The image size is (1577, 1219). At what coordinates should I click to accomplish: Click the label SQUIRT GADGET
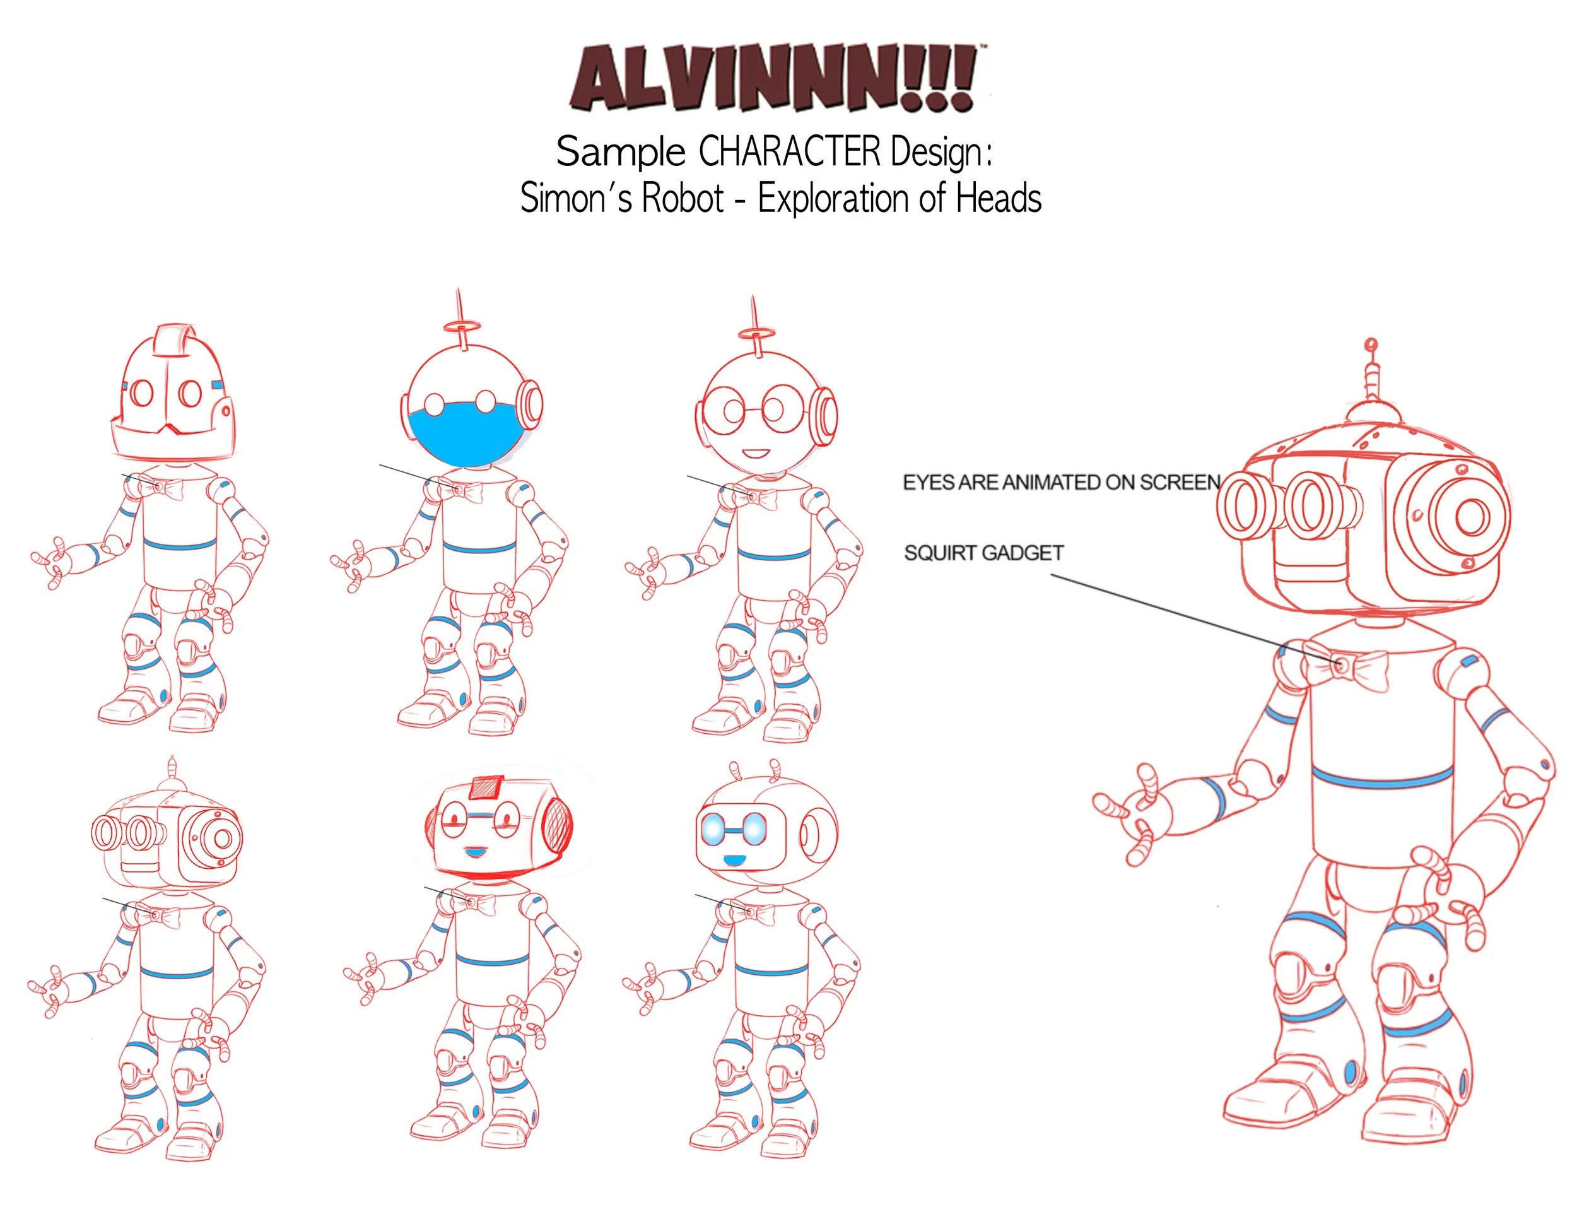pos(983,553)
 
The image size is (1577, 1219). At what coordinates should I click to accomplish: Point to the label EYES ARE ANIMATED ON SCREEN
pos(1062,483)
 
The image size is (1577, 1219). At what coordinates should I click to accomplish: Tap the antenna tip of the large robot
pos(1371,345)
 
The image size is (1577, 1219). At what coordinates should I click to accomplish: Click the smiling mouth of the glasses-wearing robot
pos(757,454)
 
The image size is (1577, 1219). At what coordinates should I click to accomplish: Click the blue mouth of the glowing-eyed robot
pos(734,860)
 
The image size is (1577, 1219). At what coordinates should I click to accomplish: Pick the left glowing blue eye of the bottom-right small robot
pos(712,829)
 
